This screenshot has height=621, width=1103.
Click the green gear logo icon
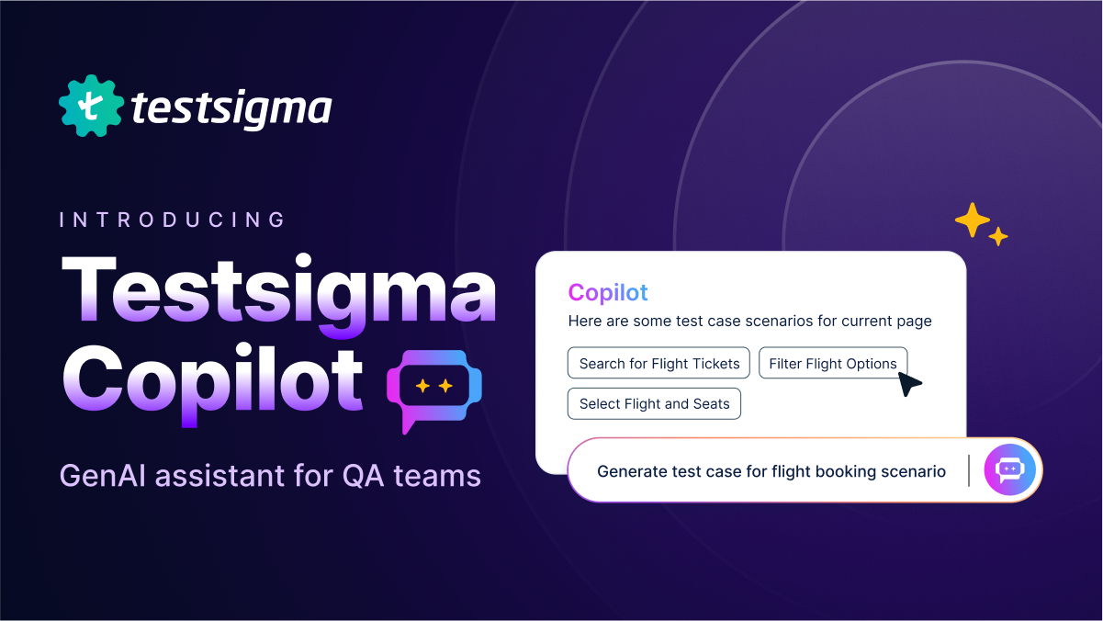[91, 106]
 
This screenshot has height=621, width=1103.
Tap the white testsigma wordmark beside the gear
[231, 108]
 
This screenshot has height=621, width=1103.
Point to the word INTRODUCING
[173, 220]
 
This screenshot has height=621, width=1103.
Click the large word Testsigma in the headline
[278, 296]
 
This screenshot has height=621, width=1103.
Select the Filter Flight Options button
[833, 363]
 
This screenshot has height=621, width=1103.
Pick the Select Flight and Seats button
[654, 404]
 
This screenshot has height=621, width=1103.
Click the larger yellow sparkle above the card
[972, 220]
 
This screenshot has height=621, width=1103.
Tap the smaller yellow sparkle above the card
[998, 236]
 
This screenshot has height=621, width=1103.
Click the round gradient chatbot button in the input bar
[1009, 469]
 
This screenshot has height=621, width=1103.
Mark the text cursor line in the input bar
[969, 470]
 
